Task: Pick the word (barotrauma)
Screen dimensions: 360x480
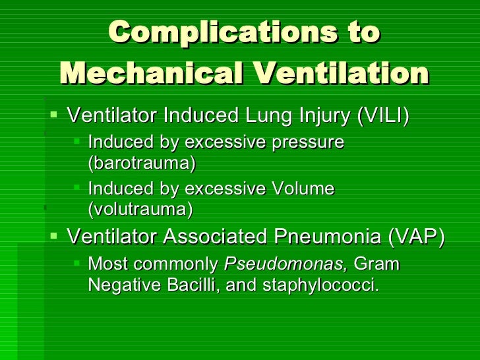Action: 142,161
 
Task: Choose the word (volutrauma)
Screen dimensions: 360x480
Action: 140,209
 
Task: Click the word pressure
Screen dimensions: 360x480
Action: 311,141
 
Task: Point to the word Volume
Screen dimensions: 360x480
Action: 303,189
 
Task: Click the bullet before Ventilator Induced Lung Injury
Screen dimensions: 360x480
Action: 55,115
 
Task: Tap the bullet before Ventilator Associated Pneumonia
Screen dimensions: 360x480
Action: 55,234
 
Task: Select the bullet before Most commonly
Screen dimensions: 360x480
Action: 77,262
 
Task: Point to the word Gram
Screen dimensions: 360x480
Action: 376,264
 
